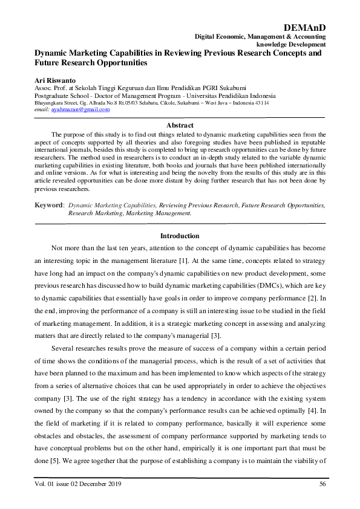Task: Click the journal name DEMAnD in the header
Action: pos(304,28)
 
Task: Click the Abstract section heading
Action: pos(180,125)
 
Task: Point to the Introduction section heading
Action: pos(180,235)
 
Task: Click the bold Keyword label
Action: pos(48,206)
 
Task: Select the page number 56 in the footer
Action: pos(322,484)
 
